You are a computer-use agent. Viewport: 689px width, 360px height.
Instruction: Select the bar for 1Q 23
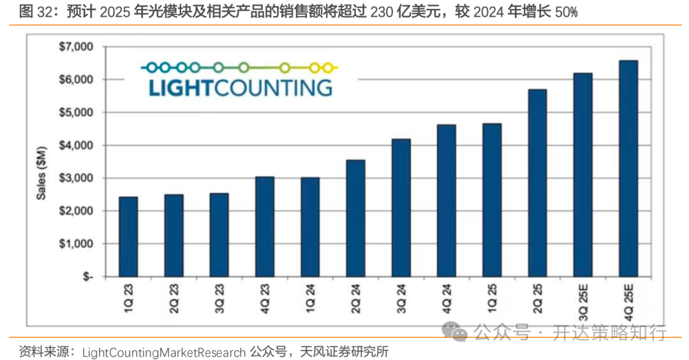(128, 237)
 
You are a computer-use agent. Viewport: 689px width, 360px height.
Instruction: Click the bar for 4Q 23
(265, 227)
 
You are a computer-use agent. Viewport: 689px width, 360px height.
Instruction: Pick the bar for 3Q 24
(401, 208)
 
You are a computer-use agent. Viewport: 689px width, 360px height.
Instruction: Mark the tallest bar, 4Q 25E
(628, 169)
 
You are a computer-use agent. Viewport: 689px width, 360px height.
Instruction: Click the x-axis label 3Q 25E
(583, 304)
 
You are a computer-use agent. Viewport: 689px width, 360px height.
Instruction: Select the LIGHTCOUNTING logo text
(241, 87)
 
